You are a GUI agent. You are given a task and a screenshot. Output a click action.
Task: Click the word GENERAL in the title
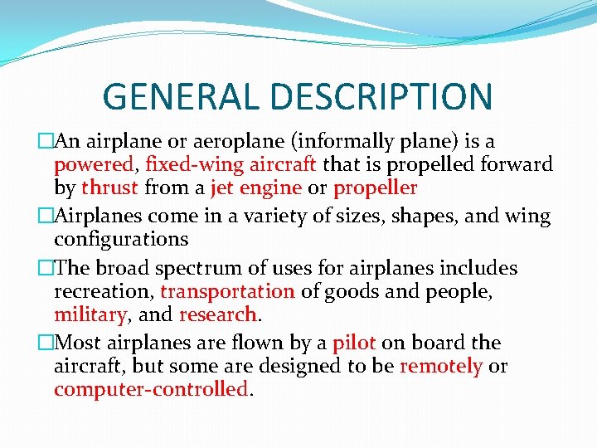click(x=182, y=96)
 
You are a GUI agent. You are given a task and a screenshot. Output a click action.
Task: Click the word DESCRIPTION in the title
click(x=381, y=96)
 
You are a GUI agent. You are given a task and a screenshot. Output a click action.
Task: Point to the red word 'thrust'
click(x=109, y=187)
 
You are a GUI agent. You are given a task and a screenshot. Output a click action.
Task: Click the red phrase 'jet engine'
click(x=255, y=187)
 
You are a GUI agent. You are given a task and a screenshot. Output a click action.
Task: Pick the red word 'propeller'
click(x=375, y=188)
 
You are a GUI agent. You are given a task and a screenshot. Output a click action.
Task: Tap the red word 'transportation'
click(x=227, y=291)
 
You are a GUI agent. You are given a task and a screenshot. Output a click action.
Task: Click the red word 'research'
click(x=217, y=314)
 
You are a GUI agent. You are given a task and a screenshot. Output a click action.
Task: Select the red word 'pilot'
click(x=354, y=343)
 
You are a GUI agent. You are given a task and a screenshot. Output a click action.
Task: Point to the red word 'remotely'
click(x=440, y=366)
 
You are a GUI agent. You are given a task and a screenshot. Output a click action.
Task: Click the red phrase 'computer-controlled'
click(x=151, y=389)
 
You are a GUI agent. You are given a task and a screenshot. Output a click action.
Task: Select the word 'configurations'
click(x=121, y=240)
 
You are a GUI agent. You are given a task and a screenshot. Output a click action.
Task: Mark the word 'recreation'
click(x=104, y=291)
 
